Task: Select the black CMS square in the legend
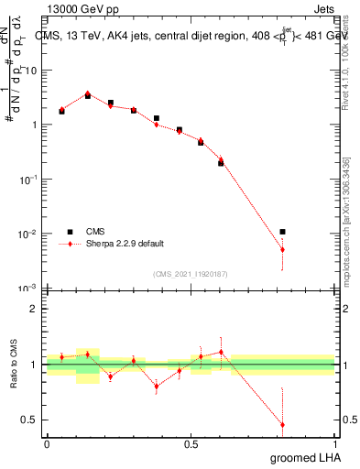point(69,232)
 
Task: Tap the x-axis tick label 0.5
point(191,444)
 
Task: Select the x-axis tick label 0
point(47,444)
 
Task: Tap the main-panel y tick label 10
point(31,71)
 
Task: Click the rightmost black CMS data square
point(282,232)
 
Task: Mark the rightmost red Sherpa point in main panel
point(282,249)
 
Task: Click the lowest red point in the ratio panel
point(282,425)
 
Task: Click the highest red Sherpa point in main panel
point(87,93)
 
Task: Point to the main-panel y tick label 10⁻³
point(30,289)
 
